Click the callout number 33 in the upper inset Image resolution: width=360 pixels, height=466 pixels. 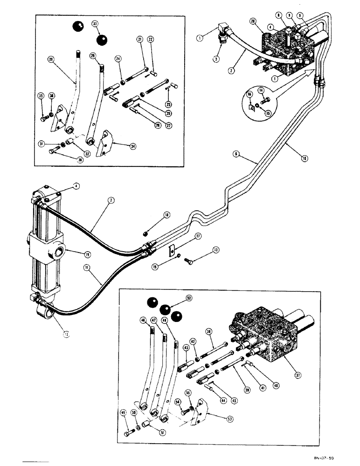tap(95, 23)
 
